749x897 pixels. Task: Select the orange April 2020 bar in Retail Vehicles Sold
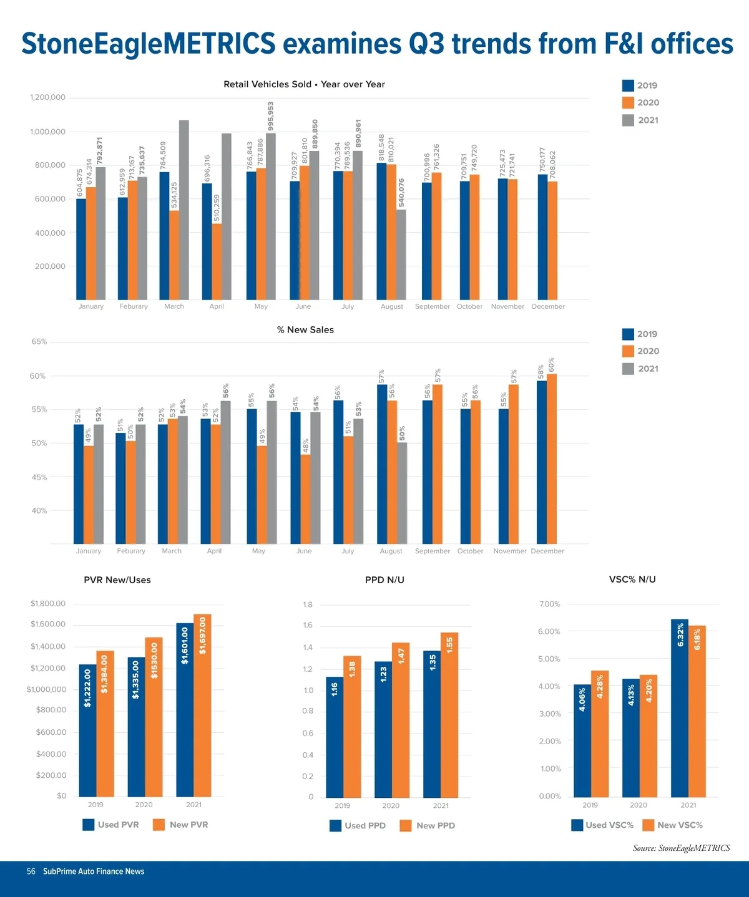pos(217,262)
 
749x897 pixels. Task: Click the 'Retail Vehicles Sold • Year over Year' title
pos(304,84)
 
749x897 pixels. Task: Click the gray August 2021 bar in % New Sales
pos(402,493)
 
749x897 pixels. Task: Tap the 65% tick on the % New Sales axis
pos(39,342)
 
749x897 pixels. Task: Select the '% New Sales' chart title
pos(305,329)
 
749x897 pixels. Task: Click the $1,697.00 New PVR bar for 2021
pos(202,705)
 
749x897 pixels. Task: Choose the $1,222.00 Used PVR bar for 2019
pos(87,730)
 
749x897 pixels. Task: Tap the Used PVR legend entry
pos(111,825)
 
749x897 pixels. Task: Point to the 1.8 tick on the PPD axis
pos(308,604)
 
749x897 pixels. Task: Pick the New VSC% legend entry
pos(673,825)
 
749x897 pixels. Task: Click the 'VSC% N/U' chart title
pos(632,579)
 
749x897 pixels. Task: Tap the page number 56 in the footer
pos(31,871)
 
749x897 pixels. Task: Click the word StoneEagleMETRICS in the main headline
pos(149,44)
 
